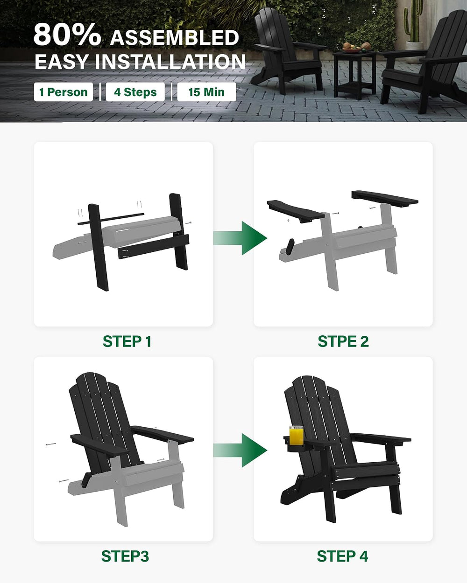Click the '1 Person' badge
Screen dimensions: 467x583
click(x=63, y=92)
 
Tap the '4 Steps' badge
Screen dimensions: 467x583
click(x=135, y=92)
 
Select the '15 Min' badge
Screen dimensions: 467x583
click(x=206, y=92)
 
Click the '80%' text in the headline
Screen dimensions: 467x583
click(x=67, y=35)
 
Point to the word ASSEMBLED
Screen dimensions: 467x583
click(x=175, y=38)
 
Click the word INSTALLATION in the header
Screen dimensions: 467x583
click(x=170, y=62)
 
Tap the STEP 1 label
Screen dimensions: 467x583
click(x=127, y=341)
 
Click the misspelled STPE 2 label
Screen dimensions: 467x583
click(x=343, y=341)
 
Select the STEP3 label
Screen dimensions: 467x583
click(x=125, y=556)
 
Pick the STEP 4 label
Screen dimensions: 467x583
click(x=342, y=556)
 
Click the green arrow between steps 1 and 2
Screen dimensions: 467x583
click(x=240, y=238)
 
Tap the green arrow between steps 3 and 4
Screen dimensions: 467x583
click(x=240, y=450)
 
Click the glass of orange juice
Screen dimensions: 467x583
click(x=297, y=435)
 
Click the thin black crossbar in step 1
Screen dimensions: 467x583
click(x=111, y=219)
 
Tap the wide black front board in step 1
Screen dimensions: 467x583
click(x=154, y=247)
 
